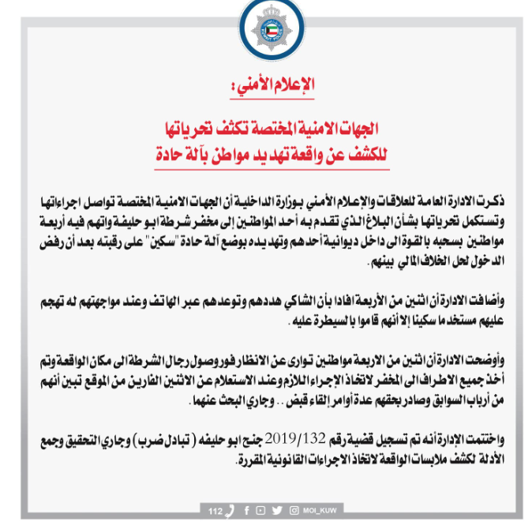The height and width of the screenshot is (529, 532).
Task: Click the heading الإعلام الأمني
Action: pyautogui.click(x=265, y=84)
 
